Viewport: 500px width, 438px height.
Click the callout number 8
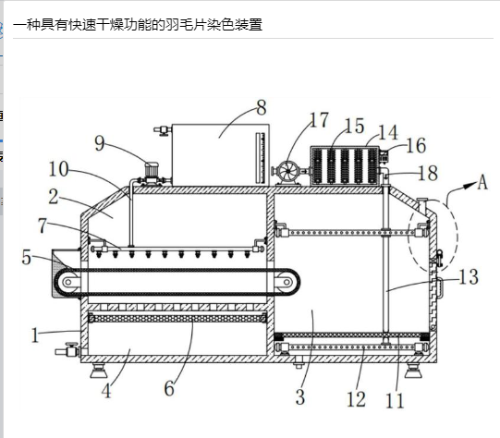(x=262, y=107)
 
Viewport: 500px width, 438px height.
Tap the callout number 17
(x=319, y=120)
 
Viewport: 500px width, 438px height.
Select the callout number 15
(x=354, y=126)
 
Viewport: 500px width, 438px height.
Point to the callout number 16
(x=416, y=146)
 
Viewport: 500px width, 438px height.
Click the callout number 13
(x=469, y=276)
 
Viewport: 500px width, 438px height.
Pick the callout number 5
(x=27, y=257)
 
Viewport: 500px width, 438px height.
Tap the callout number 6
(x=169, y=389)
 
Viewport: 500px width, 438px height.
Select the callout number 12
(x=356, y=399)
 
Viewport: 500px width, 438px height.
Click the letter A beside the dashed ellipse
(x=482, y=182)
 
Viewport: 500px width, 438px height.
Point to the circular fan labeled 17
(x=287, y=171)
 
